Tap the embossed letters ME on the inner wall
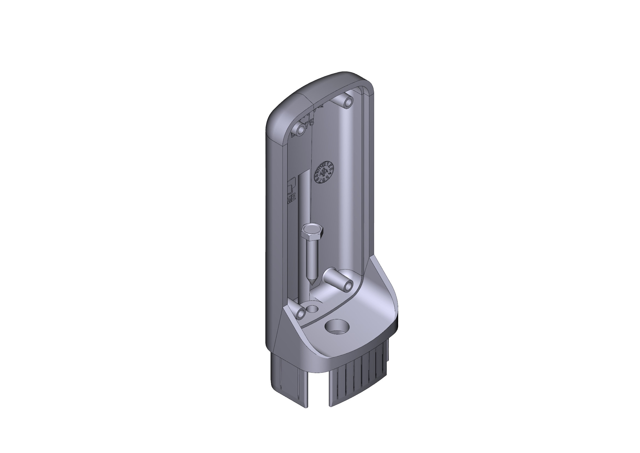point(291,198)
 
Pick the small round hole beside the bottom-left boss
point(313,308)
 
